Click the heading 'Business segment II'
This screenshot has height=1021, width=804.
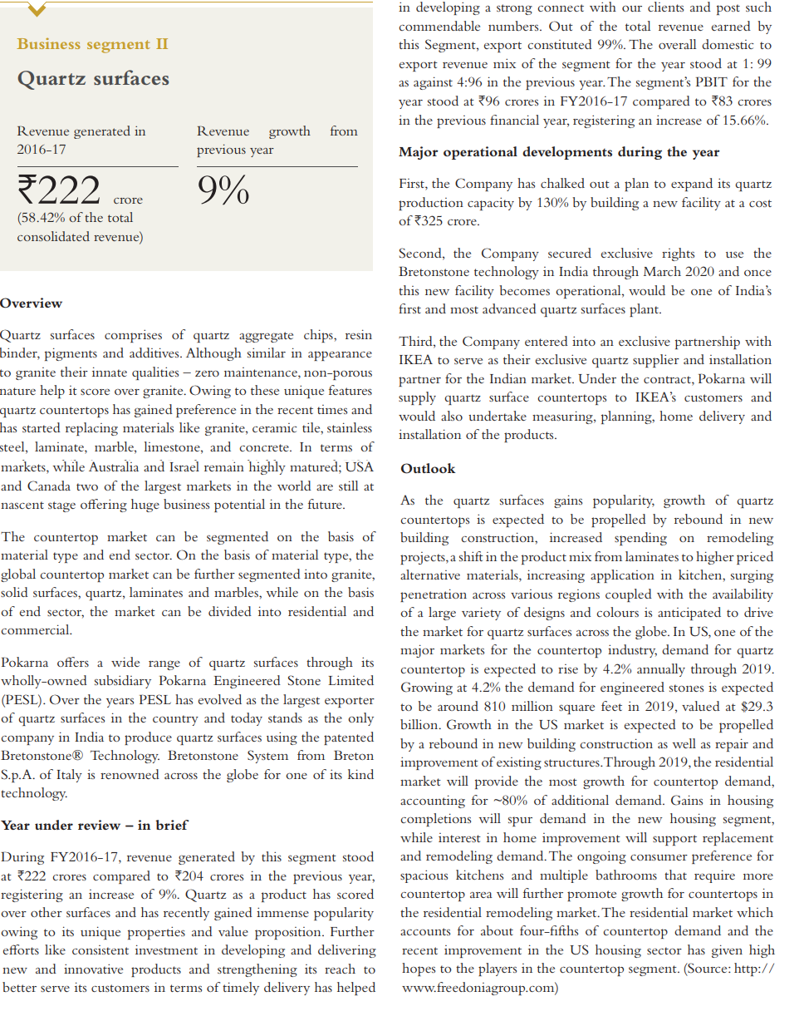pyautogui.click(x=92, y=44)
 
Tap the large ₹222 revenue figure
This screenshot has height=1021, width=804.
pyautogui.click(x=59, y=190)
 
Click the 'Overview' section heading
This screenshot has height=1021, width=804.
pyautogui.click(x=32, y=303)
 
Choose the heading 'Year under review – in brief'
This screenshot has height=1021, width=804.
pyautogui.click(x=94, y=826)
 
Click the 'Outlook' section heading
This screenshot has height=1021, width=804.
pyautogui.click(x=428, y=469)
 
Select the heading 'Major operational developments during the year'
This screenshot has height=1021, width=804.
pyautogui.click(x=559, y=152)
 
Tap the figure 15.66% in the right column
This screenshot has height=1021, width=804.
pyautogui.click(x=746, y=120)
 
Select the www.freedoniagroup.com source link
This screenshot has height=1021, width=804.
pyautogui.click(x=479, y=988)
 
